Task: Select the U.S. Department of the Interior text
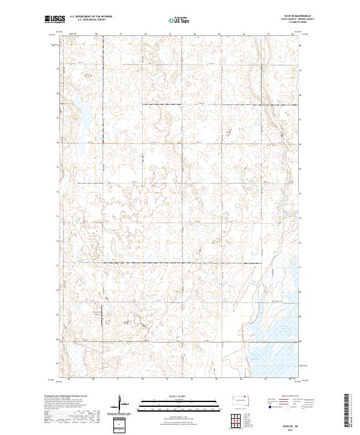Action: click(x=91, y=16)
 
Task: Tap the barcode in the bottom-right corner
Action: click(x=346, y=411)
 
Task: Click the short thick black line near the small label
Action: click(x=101, y=312)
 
